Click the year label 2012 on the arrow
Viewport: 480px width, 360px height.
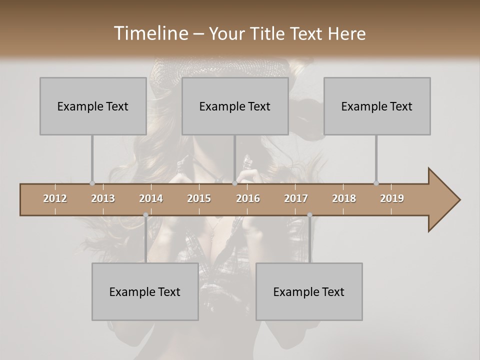55,198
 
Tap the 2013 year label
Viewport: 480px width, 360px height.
103,198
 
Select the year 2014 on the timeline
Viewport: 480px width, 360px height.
151,198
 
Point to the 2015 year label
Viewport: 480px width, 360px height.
199,198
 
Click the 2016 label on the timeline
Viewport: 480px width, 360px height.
248,198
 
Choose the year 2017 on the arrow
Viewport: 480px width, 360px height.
296,198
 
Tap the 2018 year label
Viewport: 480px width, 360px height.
344,198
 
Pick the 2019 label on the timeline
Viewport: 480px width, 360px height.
392,198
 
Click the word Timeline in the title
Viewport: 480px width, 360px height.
150,33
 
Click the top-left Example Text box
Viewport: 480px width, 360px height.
93,106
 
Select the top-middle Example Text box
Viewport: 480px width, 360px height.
235,106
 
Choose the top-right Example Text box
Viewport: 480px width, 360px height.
377,106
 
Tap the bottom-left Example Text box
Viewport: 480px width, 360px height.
145,291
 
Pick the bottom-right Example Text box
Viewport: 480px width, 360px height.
309,291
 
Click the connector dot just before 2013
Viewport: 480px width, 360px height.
92,183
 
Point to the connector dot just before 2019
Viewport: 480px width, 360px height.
376,183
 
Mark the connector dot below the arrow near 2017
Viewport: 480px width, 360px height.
309,215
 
